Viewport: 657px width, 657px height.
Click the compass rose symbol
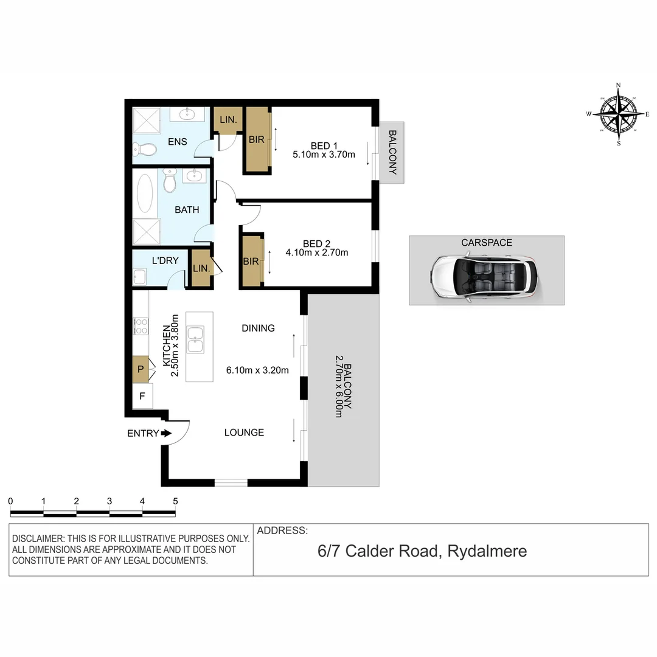pos(618,114)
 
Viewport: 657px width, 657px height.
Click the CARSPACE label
pos(486,243)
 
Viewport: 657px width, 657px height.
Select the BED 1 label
pos(324,146)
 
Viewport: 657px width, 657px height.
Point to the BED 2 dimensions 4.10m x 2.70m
pos(316,252)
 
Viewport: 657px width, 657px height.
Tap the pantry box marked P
pos(141,369)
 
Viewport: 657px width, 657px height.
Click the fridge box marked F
pos(142,396)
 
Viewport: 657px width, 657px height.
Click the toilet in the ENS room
pos(143,149)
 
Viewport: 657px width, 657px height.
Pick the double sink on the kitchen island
pos(196,339)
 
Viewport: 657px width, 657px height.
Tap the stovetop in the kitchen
pos(141,326)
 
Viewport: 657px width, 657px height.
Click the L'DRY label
pos(165,261)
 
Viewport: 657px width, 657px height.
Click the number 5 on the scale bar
pos(175,501)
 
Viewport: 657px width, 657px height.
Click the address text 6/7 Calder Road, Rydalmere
pos(422,552)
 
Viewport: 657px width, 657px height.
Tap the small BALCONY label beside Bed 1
pos(392,152)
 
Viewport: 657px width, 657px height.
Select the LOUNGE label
pos(244,433)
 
